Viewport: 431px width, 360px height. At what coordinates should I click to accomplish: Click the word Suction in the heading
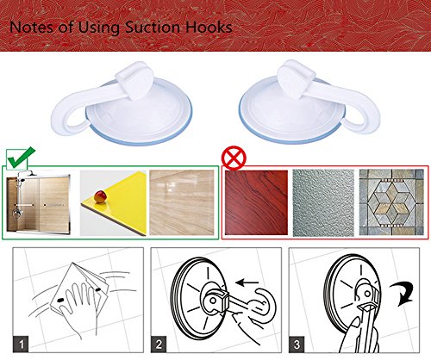pyautogui.click(x=153, y=28)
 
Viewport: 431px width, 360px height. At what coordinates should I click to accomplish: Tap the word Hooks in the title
pyautogui.click(x=209, y=28)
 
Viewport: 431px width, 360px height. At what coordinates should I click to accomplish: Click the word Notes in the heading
pyautogui.click(x=32, y=28)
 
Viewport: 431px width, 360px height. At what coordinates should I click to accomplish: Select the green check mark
pyautogui.click(x=22, y=158)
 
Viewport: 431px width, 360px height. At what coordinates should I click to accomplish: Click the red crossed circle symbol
pyautogui.click(x=234, y=158)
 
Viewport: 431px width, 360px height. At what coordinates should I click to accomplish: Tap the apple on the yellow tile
pyautogui.click(x=100, y=197)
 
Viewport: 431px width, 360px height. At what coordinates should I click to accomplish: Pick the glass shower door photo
pyautogui.click(x=38, y=202)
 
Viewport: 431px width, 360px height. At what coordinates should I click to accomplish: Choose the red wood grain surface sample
pyautogui.click(x=256, y=202)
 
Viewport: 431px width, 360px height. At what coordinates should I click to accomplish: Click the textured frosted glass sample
pyautogui.click(x=323, y=202)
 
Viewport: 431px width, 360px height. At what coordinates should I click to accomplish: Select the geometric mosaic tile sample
pyautogui.click(x=391, y=202)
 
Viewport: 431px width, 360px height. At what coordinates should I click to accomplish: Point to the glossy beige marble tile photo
pyautogui.click(x=182, y=202)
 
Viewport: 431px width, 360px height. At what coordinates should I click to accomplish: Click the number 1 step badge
pyautogui.click(x=21, y=344)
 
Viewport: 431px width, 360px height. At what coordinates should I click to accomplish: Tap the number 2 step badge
pyautogui.click(x=159, y=344)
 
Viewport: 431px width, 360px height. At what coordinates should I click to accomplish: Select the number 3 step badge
pyautogui.click(x=297, y=344)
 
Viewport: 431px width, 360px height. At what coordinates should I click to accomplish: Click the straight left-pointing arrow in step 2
pyautogui.click(x=247, y=282)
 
